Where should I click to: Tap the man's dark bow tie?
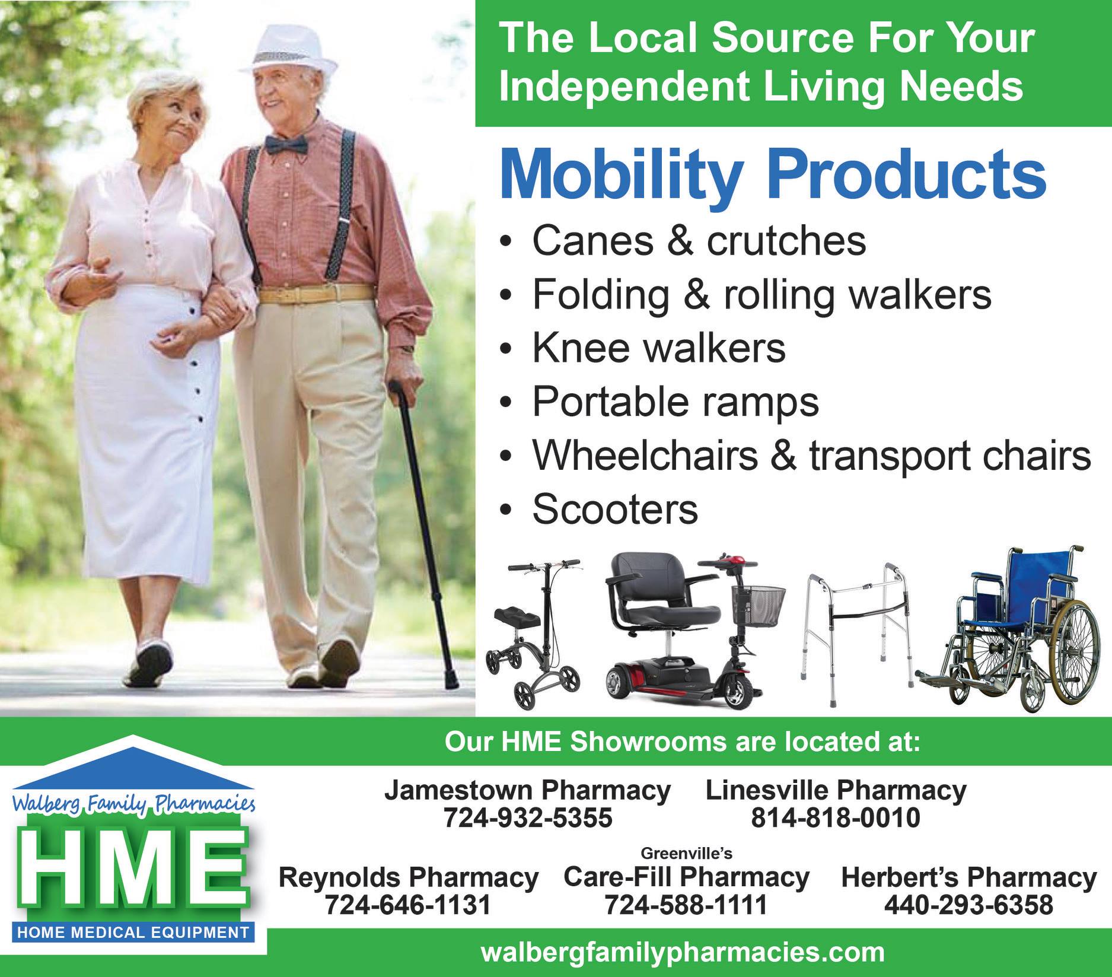pyautogui.click(x=286, y=144)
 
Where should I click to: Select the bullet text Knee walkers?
pyautogui.click(x=659, y=348)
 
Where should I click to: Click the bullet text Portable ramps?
pyautogui.click(x=676, y=402)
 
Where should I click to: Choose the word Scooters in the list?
pyautogui.click(x=615, y=510)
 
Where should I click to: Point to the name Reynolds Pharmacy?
pyautogui.click(x=409, y=877)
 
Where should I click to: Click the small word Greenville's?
pyautogui.click(x=687, y=853)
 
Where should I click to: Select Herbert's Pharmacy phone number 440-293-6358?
pyautogui.click(x=968, y=905)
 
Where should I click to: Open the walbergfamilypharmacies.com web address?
pyautogui.click(x=683, y=953)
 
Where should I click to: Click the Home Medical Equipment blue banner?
pyautogui.click(x=133, y=932)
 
